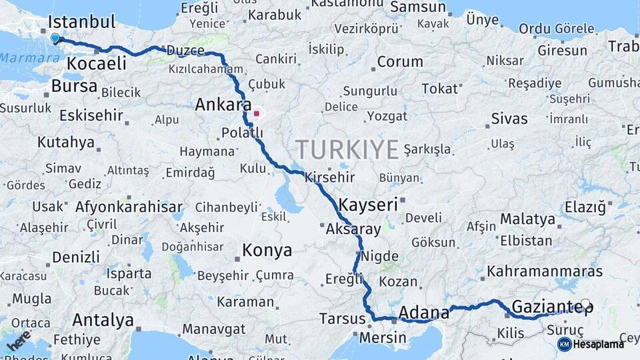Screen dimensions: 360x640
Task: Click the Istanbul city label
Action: pyautogui.click(x=82, y=21)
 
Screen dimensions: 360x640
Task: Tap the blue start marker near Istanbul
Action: pyautogui.click(x=55, y=39)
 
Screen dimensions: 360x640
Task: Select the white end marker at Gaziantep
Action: pyautogui.click(x=585, y=305)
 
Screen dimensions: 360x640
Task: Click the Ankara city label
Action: pyautogui.click(x=223, y=105)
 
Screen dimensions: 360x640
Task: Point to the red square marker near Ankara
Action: pyautogui.click(x=256, y=113)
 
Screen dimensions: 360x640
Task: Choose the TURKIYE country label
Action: pyautogui.click(x=347, y=149)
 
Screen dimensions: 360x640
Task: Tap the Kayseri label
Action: pyautogui.click(x=368, y=204)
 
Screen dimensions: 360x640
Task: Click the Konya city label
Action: pyautogui.click(x=267, y=251)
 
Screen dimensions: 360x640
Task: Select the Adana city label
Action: pyautogui.click(x=424, y=312)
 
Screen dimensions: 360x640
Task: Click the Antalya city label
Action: pyautogui.click(x=103, y=320)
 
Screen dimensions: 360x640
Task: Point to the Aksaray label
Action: pyautogui.click(x=353, y=229)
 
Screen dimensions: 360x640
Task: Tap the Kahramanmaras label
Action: pyautogui.click(x=545, y=271)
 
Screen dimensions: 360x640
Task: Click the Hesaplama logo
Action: pyautogui.click(x=591, y=344)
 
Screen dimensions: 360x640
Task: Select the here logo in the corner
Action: pyautogui.click(x=19, y=340)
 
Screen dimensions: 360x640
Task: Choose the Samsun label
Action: pyautogui.click(x=417, y=7)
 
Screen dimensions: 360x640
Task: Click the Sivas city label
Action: pyautogui.click(x=509, y=119)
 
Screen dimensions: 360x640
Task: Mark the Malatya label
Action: pyautogui.click(x=527, y=219)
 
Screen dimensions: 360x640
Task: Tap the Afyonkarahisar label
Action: pyautogui.click(x=129, y=207)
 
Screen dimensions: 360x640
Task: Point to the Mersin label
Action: pyautogui.click(x=383, y=338)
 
